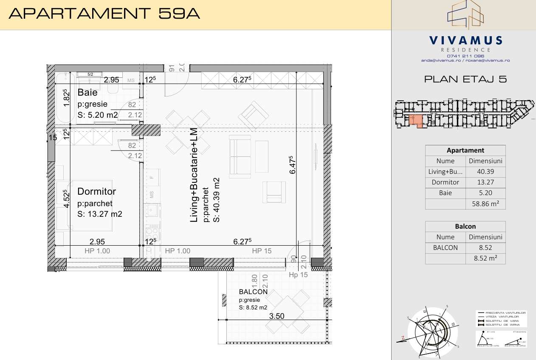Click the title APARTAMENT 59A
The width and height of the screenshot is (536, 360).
pos(104,14)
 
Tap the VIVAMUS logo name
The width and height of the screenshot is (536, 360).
pos(465,41)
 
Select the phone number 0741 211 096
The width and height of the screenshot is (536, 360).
pos(465,56)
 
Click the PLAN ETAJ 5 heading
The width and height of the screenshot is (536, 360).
pos(465,79)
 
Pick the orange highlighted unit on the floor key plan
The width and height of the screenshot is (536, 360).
pos(417,121)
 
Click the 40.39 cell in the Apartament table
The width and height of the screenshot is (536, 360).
pos(485,172)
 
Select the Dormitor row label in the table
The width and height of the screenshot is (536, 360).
pos(445,182)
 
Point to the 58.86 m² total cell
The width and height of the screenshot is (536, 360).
pos(485,204)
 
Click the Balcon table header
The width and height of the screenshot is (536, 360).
pos(465,227)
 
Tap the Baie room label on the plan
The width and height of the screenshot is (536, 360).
pos(87,93)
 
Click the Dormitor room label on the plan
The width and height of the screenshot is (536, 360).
pos(96,192)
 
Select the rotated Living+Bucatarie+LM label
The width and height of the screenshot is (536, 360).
pos(194,175)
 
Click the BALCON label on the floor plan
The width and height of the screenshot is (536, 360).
pos(253,292)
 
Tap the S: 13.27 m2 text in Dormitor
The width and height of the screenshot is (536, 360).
pos(100,214)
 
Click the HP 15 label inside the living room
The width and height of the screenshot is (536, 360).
pos(262,251)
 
